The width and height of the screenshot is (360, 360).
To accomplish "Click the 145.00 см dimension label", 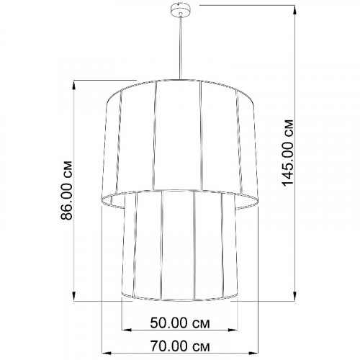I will tap(288, 152).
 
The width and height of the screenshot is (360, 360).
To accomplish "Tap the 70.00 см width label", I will tap(180, 345).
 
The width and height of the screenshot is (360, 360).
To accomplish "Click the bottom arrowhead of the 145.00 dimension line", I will tap(295, 296).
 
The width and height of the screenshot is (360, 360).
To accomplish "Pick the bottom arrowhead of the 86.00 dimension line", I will tap(74, 296).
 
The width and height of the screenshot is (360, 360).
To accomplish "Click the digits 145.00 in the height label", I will tap(288, 162).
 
